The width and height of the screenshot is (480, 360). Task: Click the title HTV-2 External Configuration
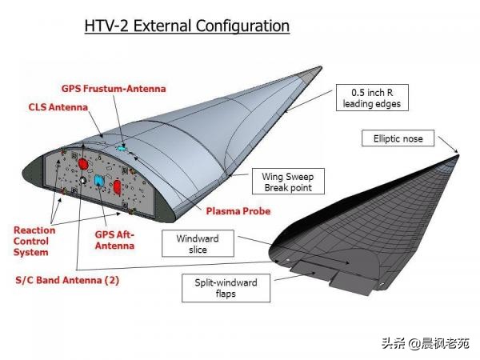coord(186,26)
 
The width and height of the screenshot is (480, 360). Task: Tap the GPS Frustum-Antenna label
coord(114,89)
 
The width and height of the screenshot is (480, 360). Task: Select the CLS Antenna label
coord(58,107)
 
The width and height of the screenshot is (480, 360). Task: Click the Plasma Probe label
coord(238,211)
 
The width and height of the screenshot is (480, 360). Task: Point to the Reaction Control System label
coord(34,242)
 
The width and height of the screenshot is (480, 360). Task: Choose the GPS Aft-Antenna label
coord(114,240)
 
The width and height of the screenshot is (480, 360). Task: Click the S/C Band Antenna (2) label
coord(67,281)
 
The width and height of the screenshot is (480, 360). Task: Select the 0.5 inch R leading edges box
coord(372,98)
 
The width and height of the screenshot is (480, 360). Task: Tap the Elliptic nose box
coord(398,138)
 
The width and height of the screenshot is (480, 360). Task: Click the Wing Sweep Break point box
coord(288,182)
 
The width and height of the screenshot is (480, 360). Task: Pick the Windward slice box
coord(198,244)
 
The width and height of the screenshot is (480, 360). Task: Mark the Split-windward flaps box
coord(226,288)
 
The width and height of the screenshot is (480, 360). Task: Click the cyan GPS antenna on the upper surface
coord(122,149)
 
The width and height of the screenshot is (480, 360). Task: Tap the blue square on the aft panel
coord(99,180)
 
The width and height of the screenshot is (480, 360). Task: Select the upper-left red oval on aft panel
coord(83,164)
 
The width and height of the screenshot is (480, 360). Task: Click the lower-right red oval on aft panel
coord(118,187)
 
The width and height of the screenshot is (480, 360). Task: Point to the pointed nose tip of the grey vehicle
coord(321,67)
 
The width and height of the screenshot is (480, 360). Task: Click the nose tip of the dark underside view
coord(458,156)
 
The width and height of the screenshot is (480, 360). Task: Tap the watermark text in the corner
coord(426,343)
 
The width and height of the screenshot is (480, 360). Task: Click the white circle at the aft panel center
coord(82,180)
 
